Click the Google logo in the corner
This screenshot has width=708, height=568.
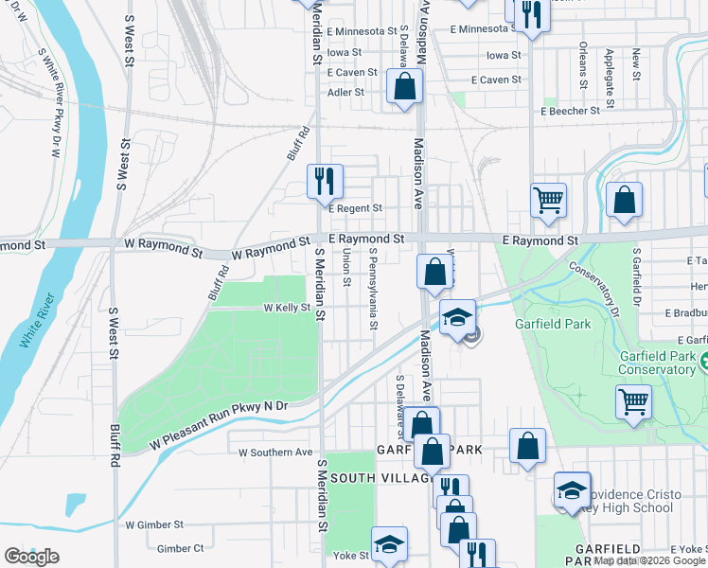(x=32, y=556)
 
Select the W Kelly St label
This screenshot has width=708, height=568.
(x=287, y=308)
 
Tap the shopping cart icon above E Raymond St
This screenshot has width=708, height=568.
(x=548, y=200)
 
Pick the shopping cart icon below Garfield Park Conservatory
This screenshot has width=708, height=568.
(x=633, y=400)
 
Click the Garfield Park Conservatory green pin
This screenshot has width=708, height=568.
(x=703, y=360)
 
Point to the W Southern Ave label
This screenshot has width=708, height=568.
(x=275, y=453)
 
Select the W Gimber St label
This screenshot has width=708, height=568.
(x=154, y=524)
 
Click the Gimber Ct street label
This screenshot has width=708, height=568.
(x=180, y=548)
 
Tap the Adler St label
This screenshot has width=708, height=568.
(x=345, y=93)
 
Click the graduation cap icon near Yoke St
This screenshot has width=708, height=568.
(x=389, y=543)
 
